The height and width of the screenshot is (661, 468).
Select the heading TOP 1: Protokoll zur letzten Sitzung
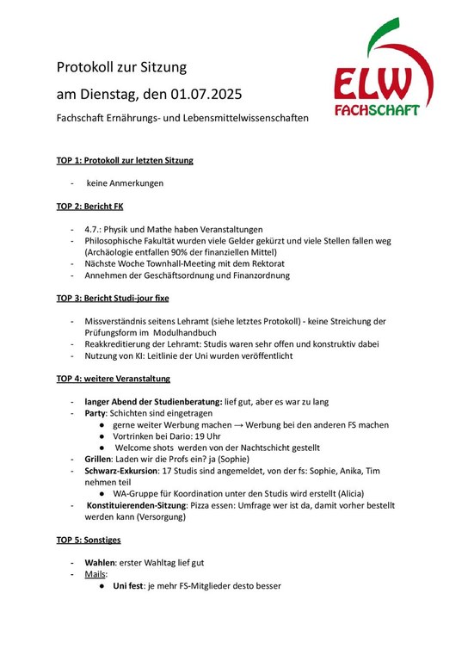(125, 160)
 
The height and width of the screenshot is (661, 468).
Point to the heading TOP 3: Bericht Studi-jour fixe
(113, 299)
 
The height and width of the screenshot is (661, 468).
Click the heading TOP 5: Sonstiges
(89, 540)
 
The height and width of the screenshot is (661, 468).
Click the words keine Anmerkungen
(125, 183)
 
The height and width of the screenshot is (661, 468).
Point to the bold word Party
(95, 413)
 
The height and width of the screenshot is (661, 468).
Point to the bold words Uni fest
(132, 585)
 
